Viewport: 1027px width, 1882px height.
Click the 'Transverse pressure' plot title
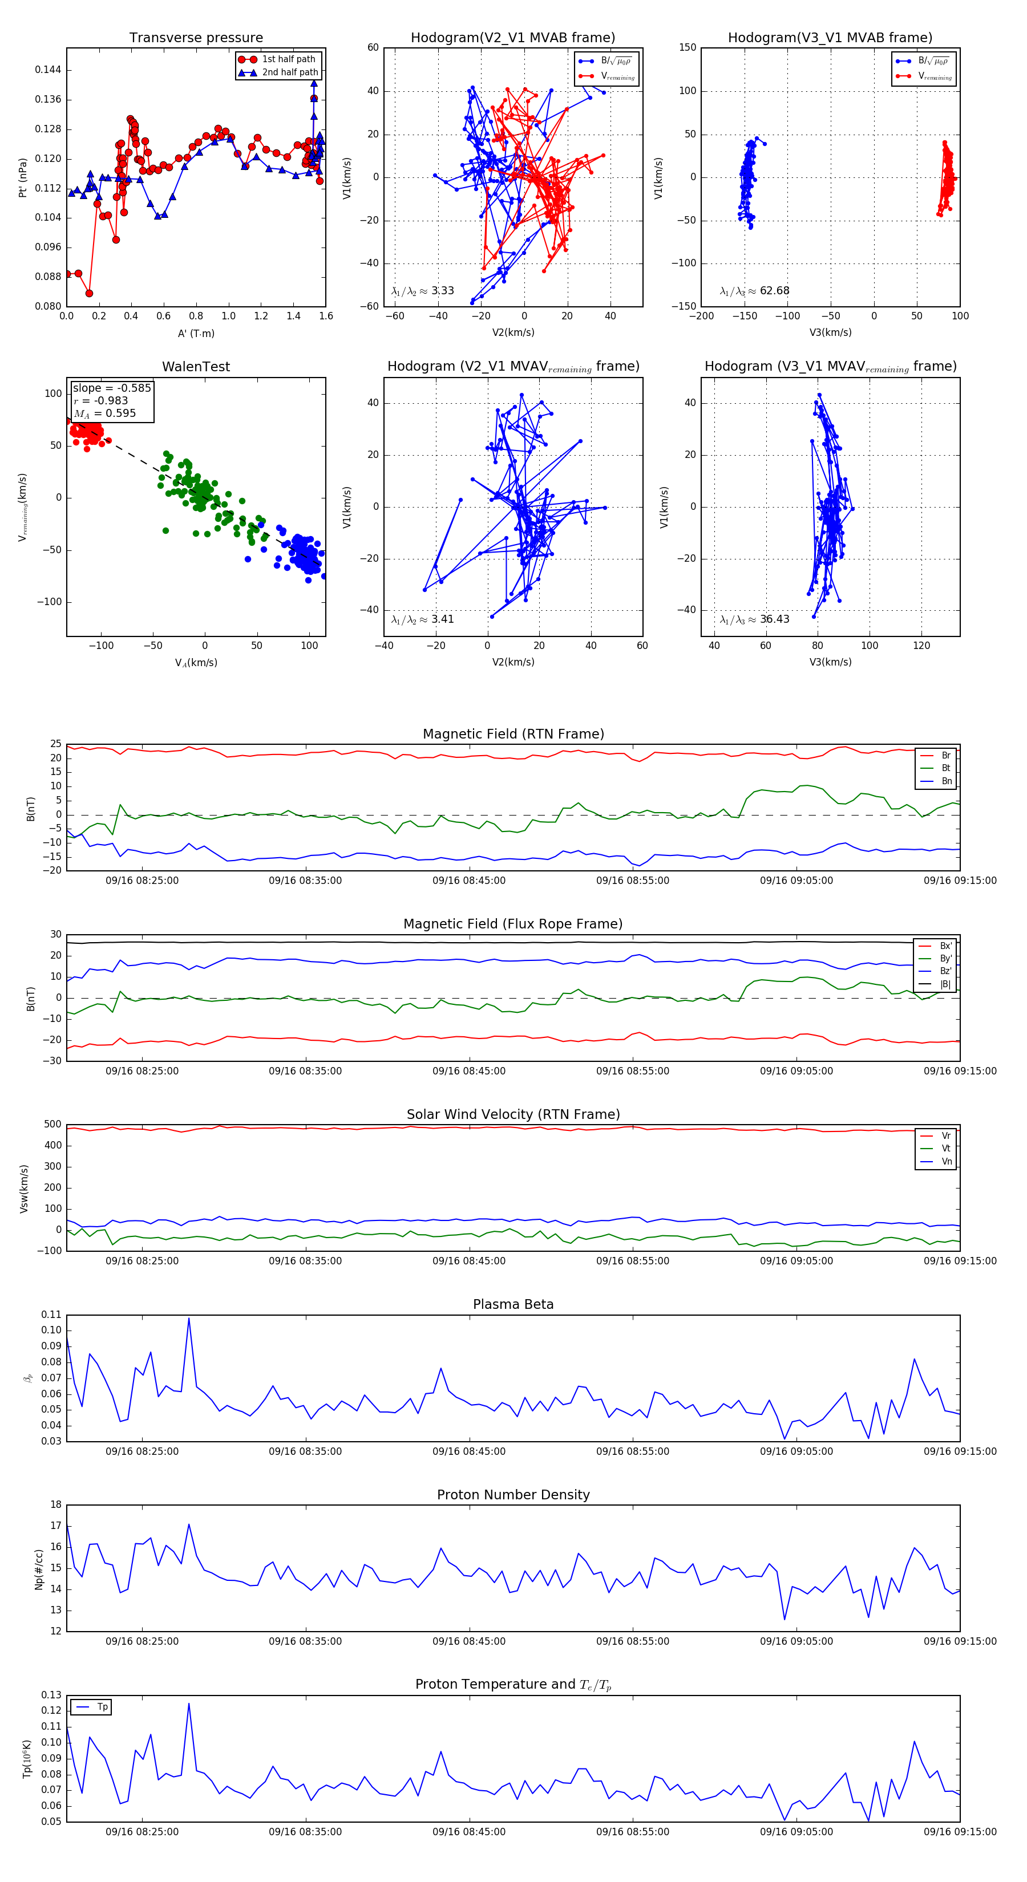(196, 38)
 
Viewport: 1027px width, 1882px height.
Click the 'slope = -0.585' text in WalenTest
(112, 388)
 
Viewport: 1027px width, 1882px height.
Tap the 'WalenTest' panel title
(196, 367)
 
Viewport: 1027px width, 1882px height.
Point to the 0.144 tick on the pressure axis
(48, 70)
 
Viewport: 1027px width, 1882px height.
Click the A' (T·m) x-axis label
(196, 333)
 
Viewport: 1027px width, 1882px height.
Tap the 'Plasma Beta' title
(513, 1304)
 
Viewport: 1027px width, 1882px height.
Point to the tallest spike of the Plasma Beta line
(189, 1319)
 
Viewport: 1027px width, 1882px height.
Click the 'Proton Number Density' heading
(513, 1494)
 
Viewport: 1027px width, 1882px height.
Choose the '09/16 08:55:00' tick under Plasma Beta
(632, 1451)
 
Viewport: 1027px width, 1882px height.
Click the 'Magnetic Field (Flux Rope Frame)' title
(513, 924)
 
